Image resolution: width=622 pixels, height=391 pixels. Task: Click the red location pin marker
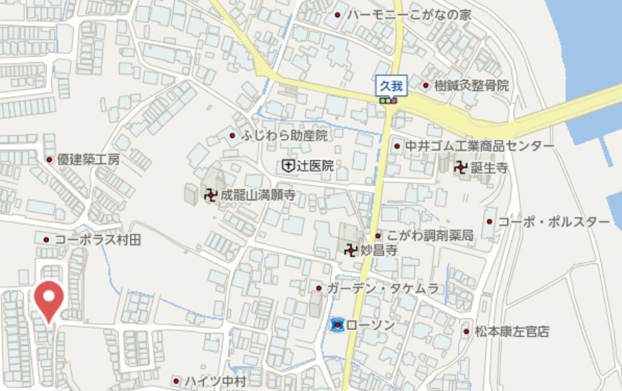49,299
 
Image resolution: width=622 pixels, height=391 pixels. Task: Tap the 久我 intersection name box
392,85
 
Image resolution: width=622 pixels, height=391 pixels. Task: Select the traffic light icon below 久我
388,101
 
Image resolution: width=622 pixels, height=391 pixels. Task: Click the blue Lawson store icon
337,325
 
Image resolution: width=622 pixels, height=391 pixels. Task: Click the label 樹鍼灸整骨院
471,85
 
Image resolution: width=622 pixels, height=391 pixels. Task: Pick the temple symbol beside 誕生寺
462,167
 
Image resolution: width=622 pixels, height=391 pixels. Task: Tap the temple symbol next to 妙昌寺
351,250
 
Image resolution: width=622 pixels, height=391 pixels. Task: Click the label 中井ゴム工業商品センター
480,146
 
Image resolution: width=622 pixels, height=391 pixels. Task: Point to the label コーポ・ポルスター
553,221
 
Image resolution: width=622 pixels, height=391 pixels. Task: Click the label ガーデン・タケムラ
382,288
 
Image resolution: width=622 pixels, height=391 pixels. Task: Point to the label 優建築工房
88,159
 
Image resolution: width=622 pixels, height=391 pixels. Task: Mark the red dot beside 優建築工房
49,160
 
